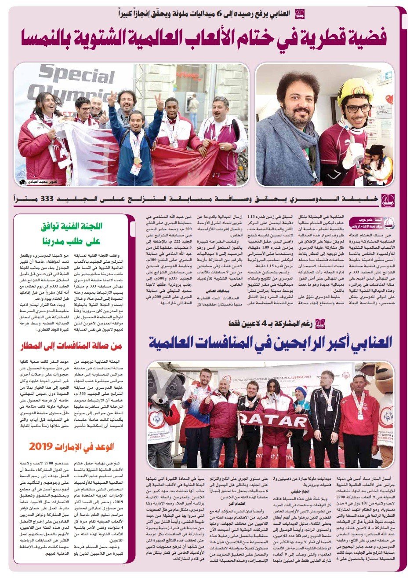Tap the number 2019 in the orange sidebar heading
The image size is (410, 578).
click(42, 447)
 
